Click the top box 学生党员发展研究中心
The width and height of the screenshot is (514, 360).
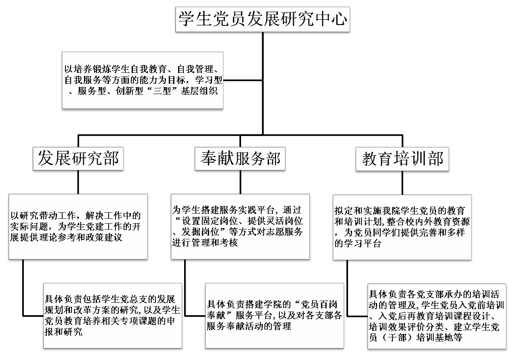pyautogui.click(x=262, y=19)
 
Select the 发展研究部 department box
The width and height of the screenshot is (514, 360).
pyautogui.click(x=78, y=159)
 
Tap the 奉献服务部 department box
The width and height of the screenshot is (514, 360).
pyautogui.click(x=240, y=159)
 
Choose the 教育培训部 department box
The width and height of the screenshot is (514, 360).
pyautogui.click(x=402, y=159)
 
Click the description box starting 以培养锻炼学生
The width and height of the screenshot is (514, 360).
pyautogui.click(x=143, y=80)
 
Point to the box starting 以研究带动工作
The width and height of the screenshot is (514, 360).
pyautogui.click(x=78, y=226)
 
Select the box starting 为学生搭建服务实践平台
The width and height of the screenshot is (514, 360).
pyautogui.click(x=240, y=226)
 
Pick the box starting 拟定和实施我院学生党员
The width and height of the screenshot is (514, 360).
pyautogui.click(x=402, y=227)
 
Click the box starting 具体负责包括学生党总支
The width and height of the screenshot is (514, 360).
pyautogui.click(x=113, y=316)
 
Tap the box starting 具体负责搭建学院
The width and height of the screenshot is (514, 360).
pyautogui.click(x=275, y=316)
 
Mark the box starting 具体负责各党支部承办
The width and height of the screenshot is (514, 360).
pyautogui.click(x=436, y=316)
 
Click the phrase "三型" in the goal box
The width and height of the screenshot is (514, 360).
pyautogui.click(x=162, y=91)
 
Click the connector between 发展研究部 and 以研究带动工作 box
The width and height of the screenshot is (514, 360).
pyautogui.click(x=78, y=182)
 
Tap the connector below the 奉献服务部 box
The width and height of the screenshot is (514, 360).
pyautogui.click(x=240, y=182)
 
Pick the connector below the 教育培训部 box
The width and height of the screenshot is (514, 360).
pyautogui.click(x=402, y=183)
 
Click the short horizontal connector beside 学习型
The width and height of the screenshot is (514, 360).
pyautogui.click(x=243, y=80)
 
